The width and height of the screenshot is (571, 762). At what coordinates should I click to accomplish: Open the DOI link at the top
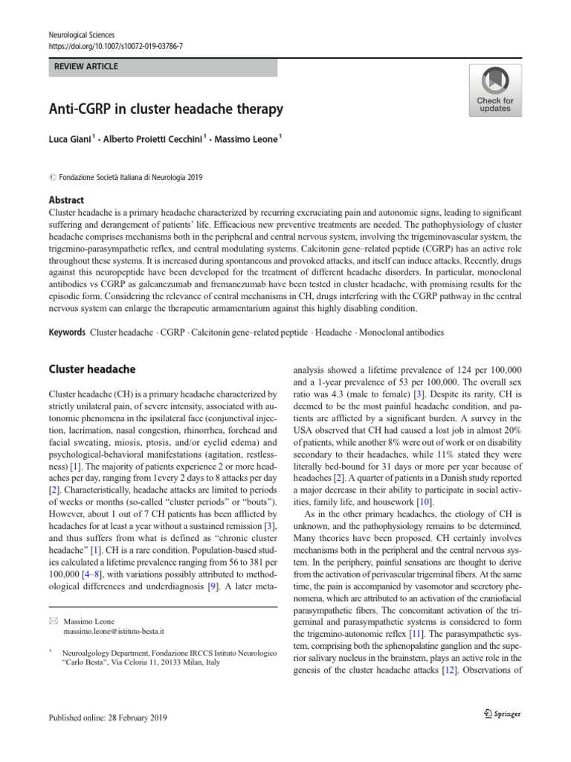click(115, 46)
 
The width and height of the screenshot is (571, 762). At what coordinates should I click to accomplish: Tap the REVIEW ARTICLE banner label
click(86, 67)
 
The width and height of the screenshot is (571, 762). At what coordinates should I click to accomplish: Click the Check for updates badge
click(494, 89)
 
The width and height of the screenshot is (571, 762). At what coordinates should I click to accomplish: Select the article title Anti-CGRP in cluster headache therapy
click(166, 109)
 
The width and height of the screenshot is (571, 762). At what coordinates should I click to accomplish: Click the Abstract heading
click(66, 200)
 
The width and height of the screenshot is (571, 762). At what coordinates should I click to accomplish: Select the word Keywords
click(67, 333)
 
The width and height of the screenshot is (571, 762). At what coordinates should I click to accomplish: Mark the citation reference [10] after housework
click(424, 503)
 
